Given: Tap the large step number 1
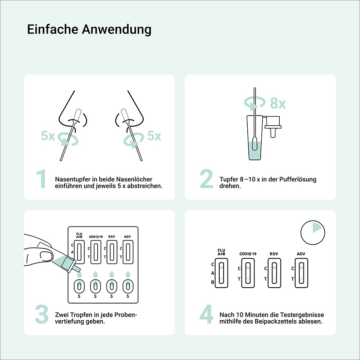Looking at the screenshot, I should click(41, 179).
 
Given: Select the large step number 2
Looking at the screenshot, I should click(207, 179).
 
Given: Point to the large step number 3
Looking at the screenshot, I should click(41, 314).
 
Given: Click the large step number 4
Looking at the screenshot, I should click(207, 314).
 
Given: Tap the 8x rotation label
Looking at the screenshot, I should click(278, 104).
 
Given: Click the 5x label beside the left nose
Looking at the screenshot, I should click(48, 136).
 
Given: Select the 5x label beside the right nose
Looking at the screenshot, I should click(154, 136).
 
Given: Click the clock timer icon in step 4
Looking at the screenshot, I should click(312, 232).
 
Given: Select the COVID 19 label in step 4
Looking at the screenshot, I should click(248, 254).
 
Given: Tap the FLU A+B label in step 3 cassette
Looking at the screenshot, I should click(79, 235).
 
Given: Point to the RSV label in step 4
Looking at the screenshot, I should click(274, 254).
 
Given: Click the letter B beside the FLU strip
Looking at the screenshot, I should click(212, 282).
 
